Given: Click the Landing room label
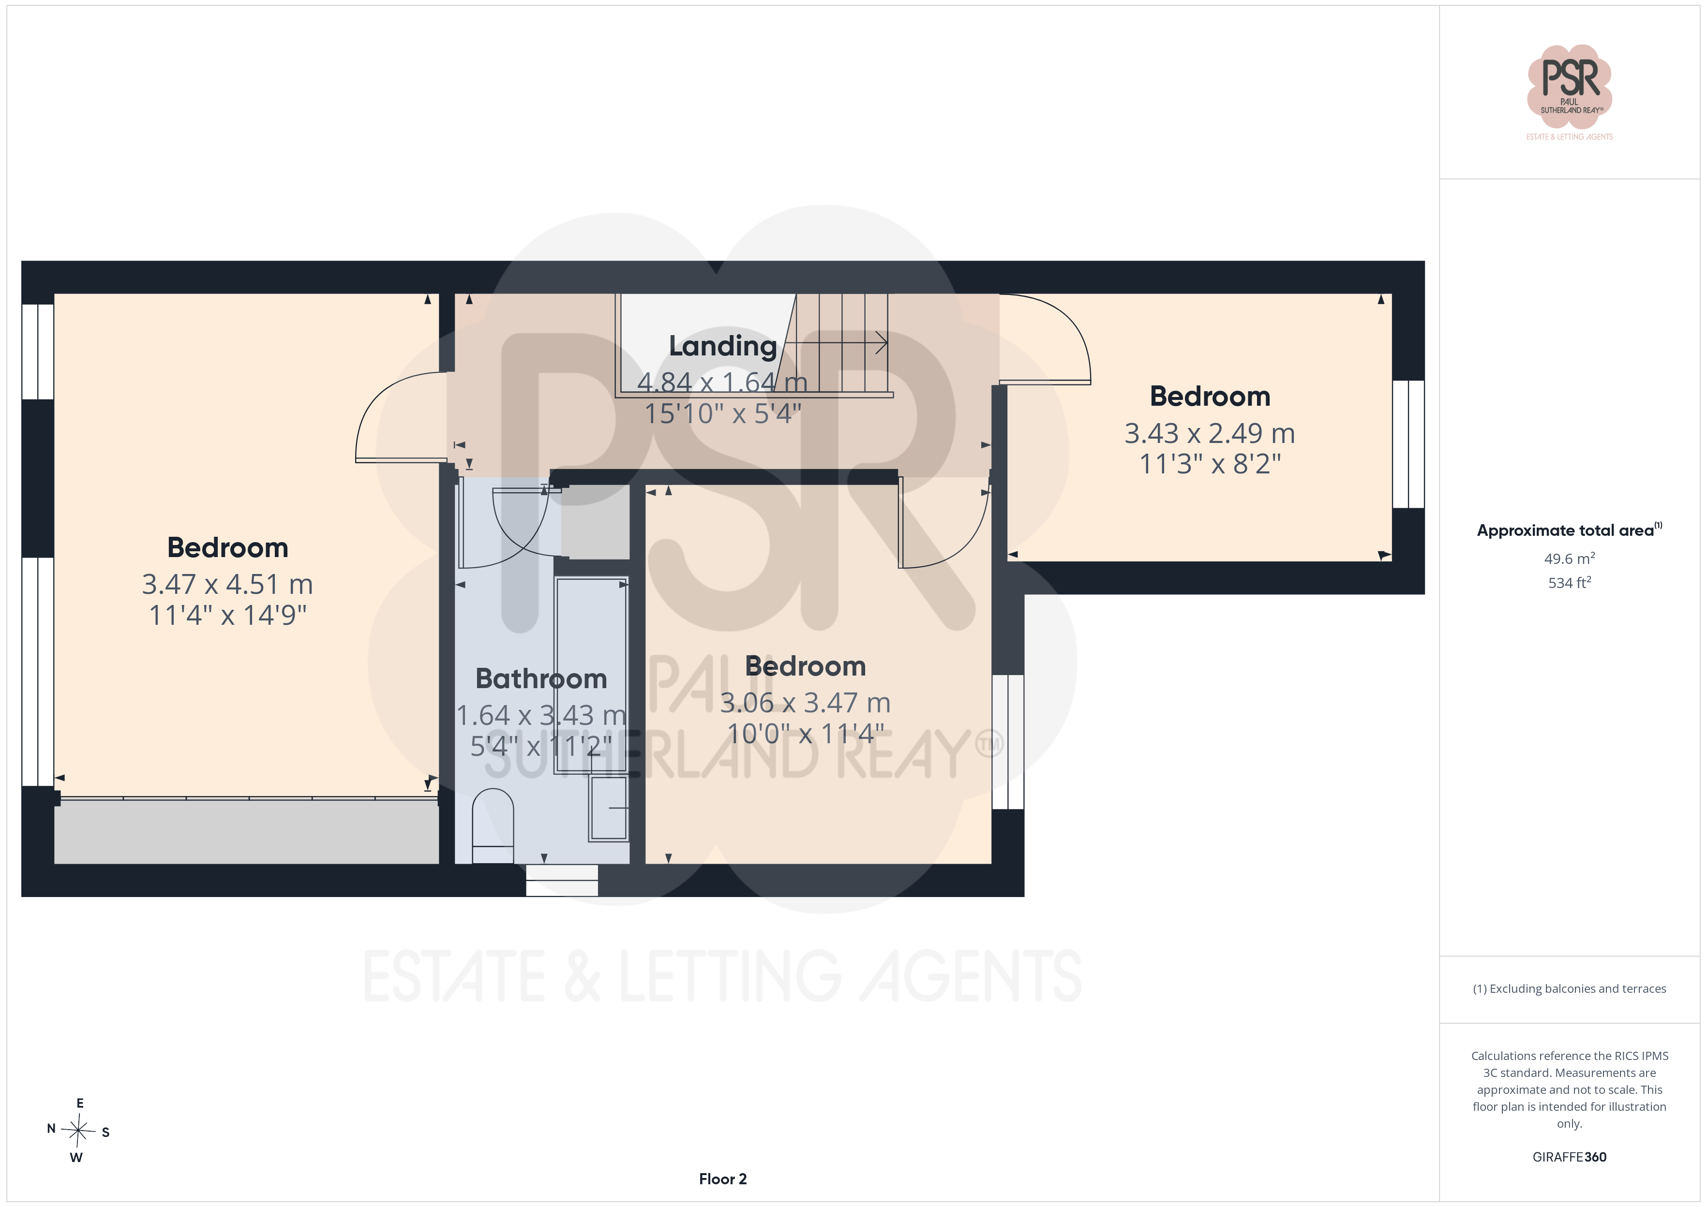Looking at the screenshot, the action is click(x=723, y=346).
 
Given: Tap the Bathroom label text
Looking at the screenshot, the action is click(x=541, y=678).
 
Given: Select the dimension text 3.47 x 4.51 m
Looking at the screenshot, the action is click(x=227, y=584).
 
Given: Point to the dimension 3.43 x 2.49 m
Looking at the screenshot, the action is click(x=1210, y=433).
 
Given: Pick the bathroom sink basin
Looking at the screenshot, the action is click(x=609, y=808).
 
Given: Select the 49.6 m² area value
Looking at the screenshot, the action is click(x=1570, y=558).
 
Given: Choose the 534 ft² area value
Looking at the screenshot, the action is click(x=1570, y=583).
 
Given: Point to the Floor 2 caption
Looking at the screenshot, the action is click(x=723, y=1179).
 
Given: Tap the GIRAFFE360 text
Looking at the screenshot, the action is click(x=1570, y=1156).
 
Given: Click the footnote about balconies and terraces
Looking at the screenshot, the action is click(x=1570, y=988).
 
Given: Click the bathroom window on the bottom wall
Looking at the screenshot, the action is click(x=562, y=880).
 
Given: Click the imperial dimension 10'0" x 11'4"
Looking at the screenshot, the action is click(x=805, y=734).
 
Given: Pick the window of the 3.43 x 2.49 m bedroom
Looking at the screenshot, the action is click(x=1408, y=444).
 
